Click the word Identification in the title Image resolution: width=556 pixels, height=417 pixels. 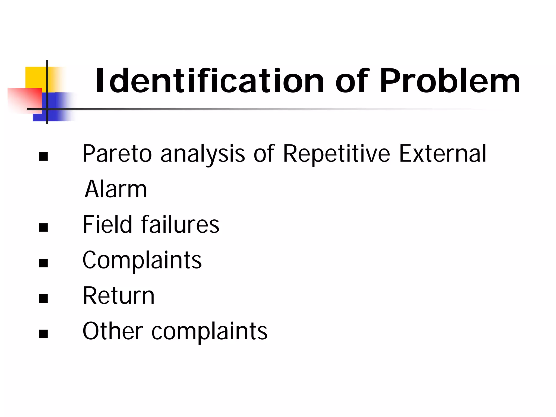(210, 81)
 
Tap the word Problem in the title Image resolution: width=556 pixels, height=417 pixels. (450, 81)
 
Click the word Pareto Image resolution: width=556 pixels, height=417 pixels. (117, 154)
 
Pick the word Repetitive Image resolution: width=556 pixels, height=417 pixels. (337, 154)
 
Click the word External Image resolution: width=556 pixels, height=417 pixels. (443, 154)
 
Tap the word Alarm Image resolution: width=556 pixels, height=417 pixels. (116, 189)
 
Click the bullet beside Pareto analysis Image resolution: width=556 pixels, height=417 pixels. (43, 156)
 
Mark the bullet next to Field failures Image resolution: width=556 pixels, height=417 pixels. (43, 227)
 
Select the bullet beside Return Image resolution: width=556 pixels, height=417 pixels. (43, 298)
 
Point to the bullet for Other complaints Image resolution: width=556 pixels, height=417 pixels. (43, 334)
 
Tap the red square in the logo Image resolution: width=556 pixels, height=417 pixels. (24, 99)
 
